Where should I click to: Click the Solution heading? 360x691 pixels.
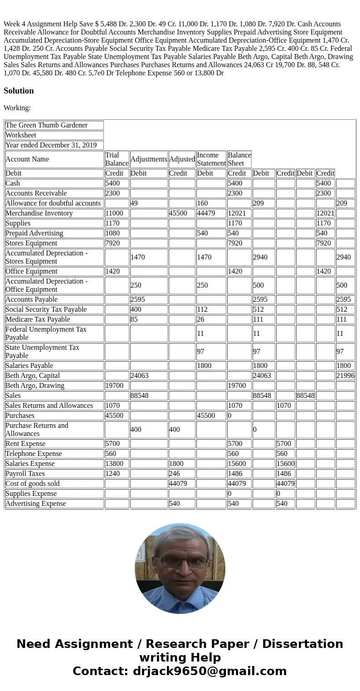(x=19, y=91)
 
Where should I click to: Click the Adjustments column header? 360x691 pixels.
(x=149, y=159)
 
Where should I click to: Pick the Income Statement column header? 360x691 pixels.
(x=211, y=159)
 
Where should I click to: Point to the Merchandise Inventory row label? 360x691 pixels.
(x=39, y=213)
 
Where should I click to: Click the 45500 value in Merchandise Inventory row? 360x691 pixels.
(x=178, y=213)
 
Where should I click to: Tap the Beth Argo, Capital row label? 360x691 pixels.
(x=33, y=376)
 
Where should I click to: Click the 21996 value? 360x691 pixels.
(x=345, y=376)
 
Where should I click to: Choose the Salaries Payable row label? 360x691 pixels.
(x=29, y=366)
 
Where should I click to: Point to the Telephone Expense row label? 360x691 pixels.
(x=34, y=454)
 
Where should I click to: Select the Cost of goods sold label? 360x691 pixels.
(x=33, y=484)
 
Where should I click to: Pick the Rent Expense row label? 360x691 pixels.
(x=25, y=444)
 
